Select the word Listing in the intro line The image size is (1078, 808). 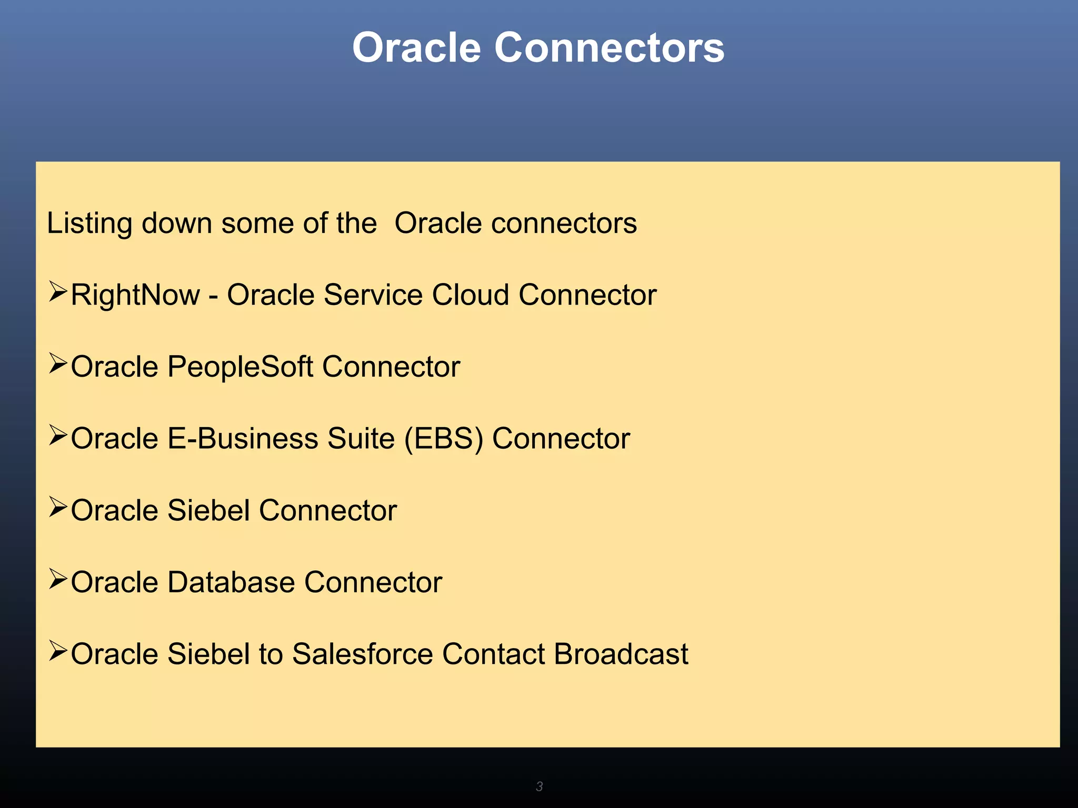(89, 224)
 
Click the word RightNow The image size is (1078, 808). (135, 295)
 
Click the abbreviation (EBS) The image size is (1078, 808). (443, 439)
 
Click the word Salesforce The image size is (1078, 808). (362, 654)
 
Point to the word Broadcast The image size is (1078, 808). (621, 654)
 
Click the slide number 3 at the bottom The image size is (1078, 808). (539, 786)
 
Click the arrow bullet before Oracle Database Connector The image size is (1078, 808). (58, 579)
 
